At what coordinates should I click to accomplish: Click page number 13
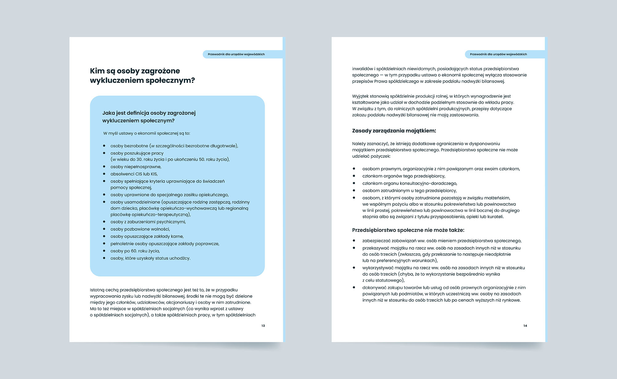(x=263, y=326)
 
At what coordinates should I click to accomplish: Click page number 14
(x=525, y=326)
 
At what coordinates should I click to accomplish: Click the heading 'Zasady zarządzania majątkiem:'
(x=394, y=131)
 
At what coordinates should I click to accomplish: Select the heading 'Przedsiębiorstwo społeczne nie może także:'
(x=408, y=230)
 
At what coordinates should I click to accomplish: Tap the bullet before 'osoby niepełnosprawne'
(x=104, y=167)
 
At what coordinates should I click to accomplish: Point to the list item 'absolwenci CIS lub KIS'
(x=134, y=174)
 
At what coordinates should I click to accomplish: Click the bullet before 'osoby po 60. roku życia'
(x=104, y=251)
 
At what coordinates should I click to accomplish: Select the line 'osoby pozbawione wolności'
(x=140, y=229)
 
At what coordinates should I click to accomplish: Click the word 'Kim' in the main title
(x=97, y=71)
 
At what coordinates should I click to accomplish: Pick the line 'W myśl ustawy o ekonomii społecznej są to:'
(x=147, y=133)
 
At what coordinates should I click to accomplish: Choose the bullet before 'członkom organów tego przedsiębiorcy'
(x=354, y=176)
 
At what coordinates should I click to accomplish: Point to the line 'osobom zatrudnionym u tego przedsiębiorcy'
(x=409, y=191)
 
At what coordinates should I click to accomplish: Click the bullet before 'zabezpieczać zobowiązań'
(x=354, y=241)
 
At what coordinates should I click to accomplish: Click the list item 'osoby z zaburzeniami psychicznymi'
(x=148, y=222)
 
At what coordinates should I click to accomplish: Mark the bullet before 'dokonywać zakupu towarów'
(x=354, y=287)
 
